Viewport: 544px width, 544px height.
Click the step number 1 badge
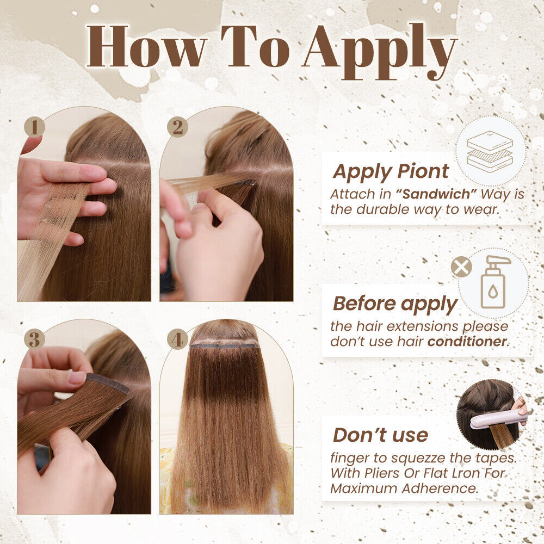pyautogui.click(x=34, y=127)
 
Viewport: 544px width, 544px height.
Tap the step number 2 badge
pyautogui.click(x=177, y=127)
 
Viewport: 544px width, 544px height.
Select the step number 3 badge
pyautogui.click(x=34, y=339)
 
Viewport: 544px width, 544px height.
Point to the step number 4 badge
pyautogui.click(x=177, y=339)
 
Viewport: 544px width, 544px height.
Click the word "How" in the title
pyautogui.click(x=146, y=46)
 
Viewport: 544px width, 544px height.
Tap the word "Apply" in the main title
pyautogui.click(x=379, y=51)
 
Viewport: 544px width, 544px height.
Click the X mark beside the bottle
pyautogui.click(x=461, y=267)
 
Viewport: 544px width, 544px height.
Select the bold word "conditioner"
pyautogui.click(x=467, y=342)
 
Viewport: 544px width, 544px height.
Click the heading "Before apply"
pyautogui.click(x=395, y=304)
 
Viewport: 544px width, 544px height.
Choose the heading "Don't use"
pyautogui.click(x=381, y=435)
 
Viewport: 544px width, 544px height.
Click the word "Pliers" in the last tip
pyautogui.click(x=383, y=473)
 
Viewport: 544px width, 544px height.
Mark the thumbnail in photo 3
pyautogui.click(x=77, y=377)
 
